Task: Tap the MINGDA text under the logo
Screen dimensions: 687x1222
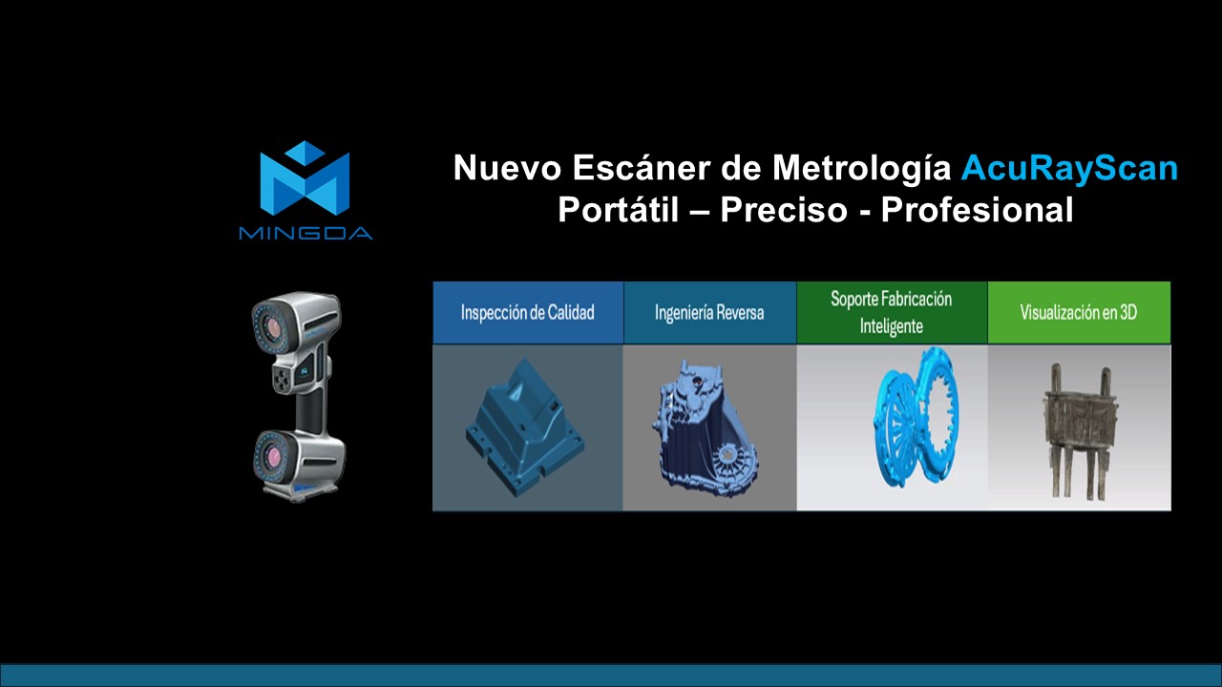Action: [x=305, y=233]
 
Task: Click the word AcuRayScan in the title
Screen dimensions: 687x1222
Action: [x=1069, y=169]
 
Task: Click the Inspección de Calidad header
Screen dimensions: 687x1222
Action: [x=527, y=312]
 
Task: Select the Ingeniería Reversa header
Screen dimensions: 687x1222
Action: [x=709, y=312]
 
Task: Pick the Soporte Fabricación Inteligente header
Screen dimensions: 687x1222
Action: [x=891, y=312]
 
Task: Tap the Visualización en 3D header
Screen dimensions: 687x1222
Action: [x=1078, y=312]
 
